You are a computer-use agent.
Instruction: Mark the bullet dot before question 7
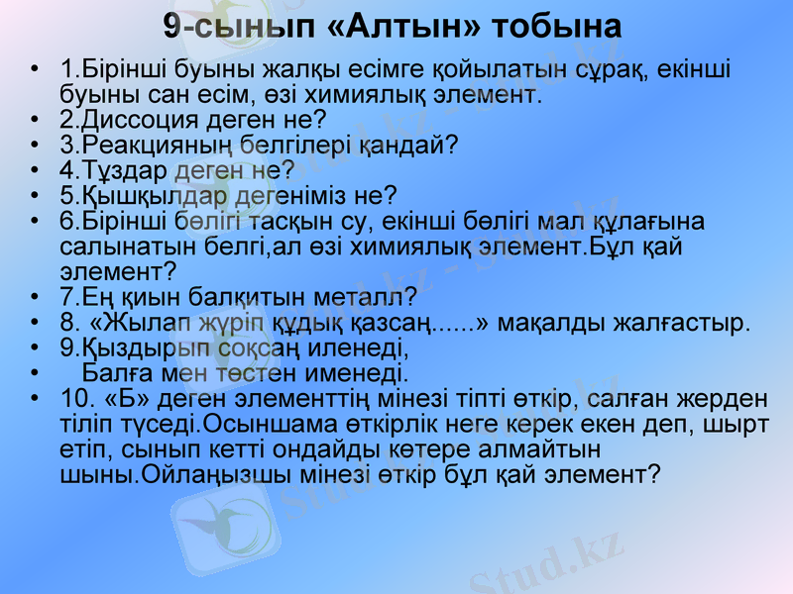click(36, 296)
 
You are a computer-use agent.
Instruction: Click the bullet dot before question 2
click(36, 121)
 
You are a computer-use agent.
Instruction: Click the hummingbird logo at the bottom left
click(224, 515)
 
